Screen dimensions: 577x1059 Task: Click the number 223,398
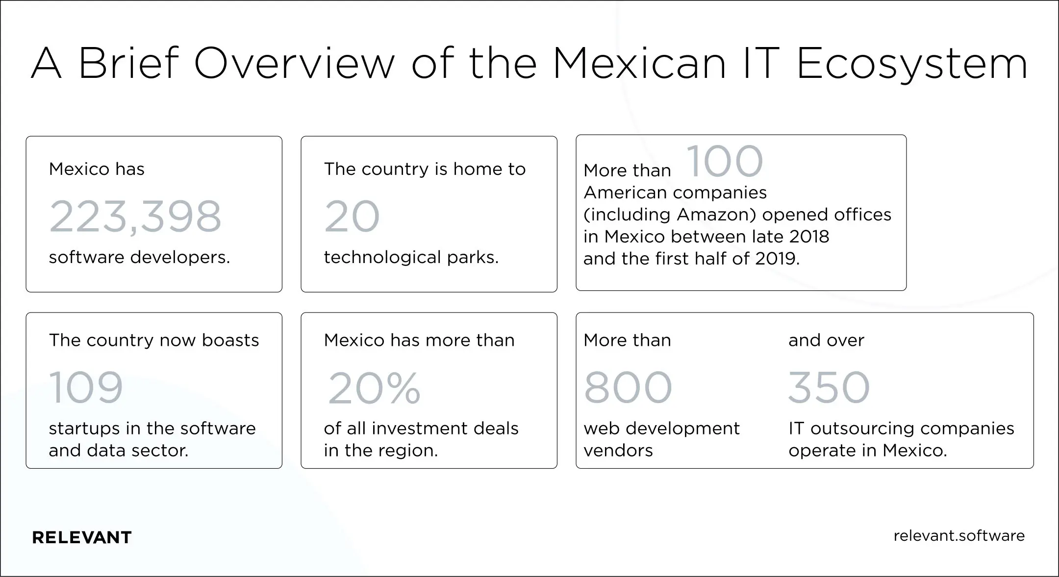pos(135,216)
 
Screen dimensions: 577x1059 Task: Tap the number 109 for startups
pos(86,387)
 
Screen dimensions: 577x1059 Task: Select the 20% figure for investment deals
pos(374,388)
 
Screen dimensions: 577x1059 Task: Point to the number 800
pos(628,387)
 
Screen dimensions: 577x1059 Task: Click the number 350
pos(829,387)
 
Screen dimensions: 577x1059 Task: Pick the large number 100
pos(725,162)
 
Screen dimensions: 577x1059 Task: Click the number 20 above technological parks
pos(352,216)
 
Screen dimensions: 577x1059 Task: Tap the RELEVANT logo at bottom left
pos(82,537)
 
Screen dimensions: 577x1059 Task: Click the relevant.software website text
pos(959,535)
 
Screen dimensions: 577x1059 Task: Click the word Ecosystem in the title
pos(912,64)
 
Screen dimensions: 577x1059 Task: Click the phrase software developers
pos(139,257)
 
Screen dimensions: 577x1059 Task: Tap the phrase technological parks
pos(411,257)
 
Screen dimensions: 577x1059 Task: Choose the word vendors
pos(618,450)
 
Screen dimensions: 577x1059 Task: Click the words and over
pos(826,340)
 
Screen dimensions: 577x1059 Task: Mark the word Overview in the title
pos(294,64)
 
